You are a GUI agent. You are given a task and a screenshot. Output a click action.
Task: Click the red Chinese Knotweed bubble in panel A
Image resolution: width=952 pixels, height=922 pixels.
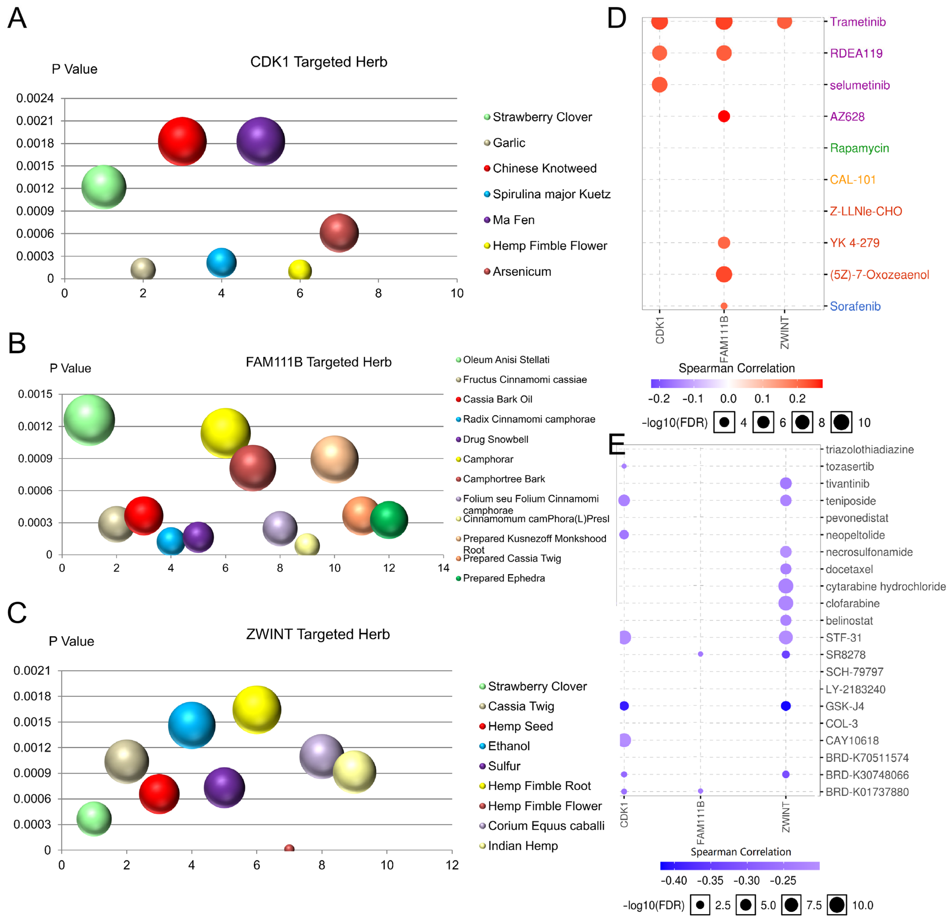click(182, 141)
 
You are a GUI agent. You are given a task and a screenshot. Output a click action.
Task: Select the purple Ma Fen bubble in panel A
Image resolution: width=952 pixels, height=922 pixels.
click(260, 141)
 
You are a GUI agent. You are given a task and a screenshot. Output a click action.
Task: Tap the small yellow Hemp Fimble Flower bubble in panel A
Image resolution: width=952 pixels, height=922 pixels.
click(300, 270)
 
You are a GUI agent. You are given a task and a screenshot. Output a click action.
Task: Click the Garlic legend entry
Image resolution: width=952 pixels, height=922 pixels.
click(509, 143)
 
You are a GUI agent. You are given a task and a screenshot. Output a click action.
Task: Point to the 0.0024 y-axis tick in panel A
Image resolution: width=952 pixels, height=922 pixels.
click(35, 98)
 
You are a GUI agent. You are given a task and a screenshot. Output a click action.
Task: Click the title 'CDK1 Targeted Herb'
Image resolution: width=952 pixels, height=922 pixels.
click(319, 62)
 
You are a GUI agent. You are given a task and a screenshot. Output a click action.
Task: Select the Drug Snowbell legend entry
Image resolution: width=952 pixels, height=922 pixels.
click(495, 439)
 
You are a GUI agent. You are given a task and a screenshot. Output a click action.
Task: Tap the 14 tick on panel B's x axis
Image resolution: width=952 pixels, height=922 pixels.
click(443, 568)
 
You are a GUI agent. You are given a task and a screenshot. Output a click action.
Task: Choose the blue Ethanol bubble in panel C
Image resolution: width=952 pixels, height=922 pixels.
click(191, 725)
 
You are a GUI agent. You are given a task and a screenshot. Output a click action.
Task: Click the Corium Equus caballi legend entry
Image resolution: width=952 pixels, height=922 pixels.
click(546, 826)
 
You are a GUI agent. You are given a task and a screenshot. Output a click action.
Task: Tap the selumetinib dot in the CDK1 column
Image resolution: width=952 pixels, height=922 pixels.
click(659, 85)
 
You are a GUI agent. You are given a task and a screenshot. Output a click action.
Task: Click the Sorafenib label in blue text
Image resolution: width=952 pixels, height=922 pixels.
click(855, 306)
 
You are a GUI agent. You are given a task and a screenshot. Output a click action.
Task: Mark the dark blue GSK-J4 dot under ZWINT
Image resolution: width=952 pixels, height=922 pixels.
click(785, 706)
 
